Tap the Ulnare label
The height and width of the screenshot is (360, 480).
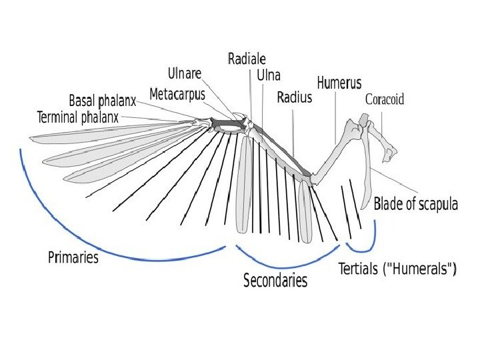[185, 73]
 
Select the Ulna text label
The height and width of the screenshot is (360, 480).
[269, 75]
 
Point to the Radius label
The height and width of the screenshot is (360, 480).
[294, 98]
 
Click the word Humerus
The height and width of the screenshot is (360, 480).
[339, 83]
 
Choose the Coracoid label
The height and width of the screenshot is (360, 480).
[385, 100]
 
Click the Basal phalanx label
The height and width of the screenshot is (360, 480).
[103, 101]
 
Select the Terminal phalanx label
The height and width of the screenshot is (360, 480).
[77, 117]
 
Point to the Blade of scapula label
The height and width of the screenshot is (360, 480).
[416, 204]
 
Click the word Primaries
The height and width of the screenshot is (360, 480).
[73, 257]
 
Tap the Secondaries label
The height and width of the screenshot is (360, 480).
[275, 280]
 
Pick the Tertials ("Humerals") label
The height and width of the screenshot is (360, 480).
[397, 269]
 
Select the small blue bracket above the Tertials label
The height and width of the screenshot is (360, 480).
[363, 248]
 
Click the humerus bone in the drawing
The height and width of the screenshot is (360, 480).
[331, 152]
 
